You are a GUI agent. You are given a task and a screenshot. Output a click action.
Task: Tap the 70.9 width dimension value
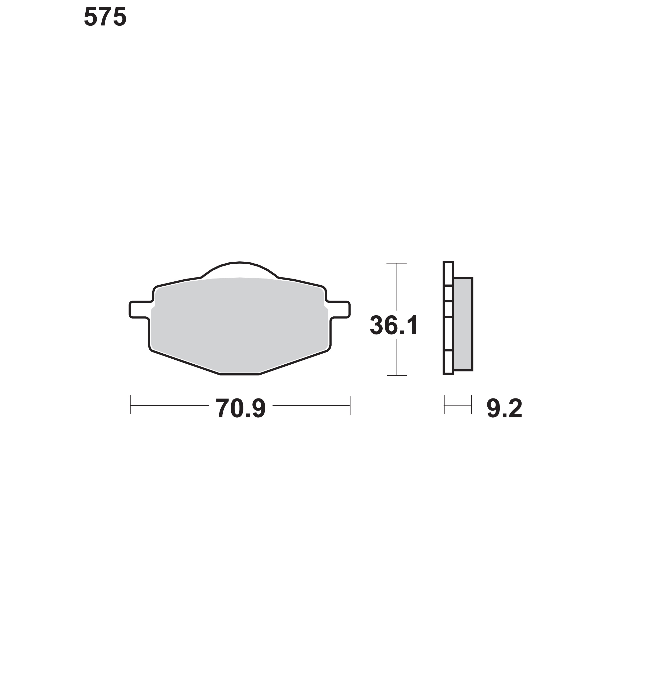(241, 408)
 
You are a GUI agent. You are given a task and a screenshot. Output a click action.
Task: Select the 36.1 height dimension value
(394, 326)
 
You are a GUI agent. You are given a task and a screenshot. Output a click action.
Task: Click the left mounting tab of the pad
(140, 309)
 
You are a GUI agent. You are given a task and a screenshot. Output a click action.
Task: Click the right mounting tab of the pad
(339, 309)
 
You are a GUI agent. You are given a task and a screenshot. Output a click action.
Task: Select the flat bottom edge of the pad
(240, 374)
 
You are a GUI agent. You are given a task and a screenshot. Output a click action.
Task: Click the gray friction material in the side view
(463, 324)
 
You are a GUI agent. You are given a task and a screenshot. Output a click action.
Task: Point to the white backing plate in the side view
(448, 318)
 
